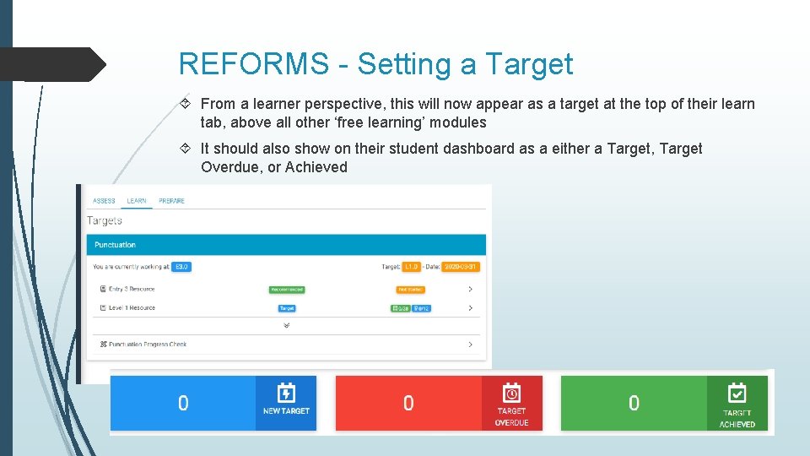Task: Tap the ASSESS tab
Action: point(104,201)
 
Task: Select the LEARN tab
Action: point(137,201)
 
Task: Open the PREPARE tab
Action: point(171,201)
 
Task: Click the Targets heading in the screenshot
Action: point(105,220)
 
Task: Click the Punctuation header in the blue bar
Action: point(115,245)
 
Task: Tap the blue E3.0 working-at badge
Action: point(181,267)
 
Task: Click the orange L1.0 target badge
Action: point(412,267)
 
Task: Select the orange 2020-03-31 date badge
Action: point(461,267)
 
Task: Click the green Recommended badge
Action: point(287,290)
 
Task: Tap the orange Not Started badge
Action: point(411,290)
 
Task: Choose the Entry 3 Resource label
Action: point(131,290)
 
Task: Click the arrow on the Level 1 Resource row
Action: point(470,308)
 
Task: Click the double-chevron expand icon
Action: point(287,325)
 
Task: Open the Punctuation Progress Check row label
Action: point(148,345)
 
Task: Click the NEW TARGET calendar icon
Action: point(286,394)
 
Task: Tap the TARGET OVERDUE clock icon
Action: point(511,394)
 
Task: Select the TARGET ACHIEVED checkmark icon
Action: point(737,394)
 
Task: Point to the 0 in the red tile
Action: point(408,404)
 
